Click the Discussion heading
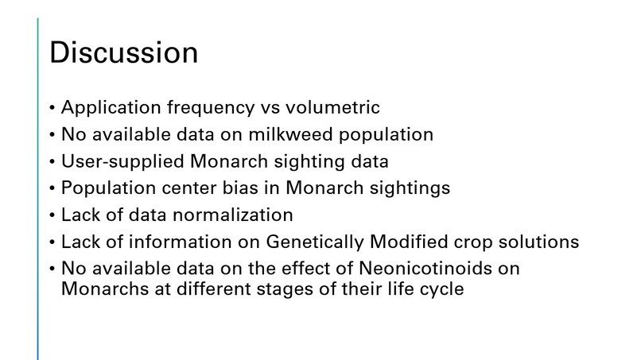[123, 53]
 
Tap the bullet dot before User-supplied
[52, 162]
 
